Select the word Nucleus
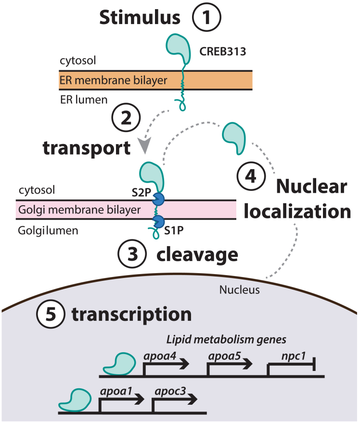pos(234,290)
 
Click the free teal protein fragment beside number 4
pos(235,137)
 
